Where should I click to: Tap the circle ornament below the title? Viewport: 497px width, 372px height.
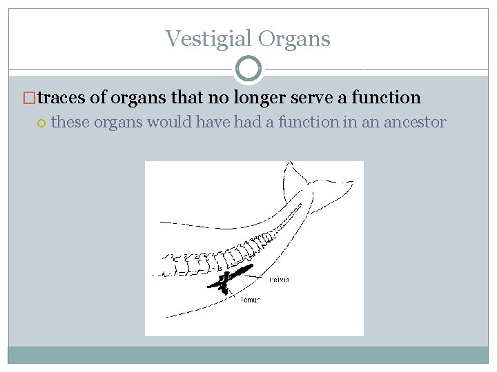click(x=248, y=69)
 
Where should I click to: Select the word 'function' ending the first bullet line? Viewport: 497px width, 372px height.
click(x=386, y=98)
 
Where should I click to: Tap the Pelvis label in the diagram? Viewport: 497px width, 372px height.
click(x=280, y=280)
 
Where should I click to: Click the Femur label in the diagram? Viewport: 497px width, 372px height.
click(x=249, y=300)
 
